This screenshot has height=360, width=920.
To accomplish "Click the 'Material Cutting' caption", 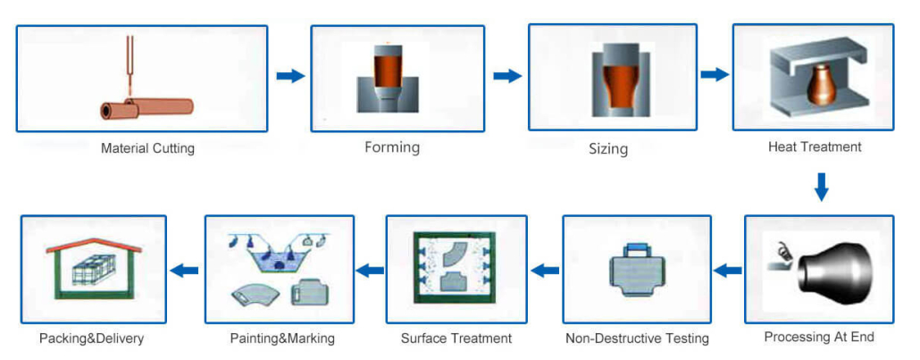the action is [x=147, y=148].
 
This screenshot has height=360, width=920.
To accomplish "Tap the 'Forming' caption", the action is [x=392, y=147].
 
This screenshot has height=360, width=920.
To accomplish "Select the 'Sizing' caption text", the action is [x=608, y=149].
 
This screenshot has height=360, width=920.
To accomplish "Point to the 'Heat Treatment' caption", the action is [x=815, y=147].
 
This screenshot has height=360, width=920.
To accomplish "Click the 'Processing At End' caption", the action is [x=818, y=337].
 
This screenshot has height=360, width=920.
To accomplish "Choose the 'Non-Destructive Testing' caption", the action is [x=637, y=339].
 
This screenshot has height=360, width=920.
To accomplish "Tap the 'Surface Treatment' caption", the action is [x=456, y=339].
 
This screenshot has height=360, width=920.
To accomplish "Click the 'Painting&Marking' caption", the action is [x=282, y=339].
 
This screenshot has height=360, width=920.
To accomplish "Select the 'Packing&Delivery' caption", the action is [x=91, y=339].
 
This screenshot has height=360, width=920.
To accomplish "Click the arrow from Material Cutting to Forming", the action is [x=290, y=76].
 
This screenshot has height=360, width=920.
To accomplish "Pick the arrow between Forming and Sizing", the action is [x=507, y=76].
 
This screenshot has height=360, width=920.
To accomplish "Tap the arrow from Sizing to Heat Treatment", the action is [x=714, y=74].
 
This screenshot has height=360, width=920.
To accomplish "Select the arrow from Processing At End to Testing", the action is [x=728, y=271].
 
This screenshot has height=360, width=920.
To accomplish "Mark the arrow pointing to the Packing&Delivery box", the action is [x=184, y=271].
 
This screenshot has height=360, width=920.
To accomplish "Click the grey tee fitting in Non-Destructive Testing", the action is [x=637, y=270].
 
